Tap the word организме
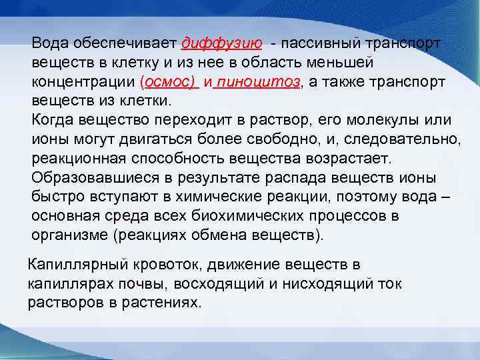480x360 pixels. (x=64, y=235)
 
